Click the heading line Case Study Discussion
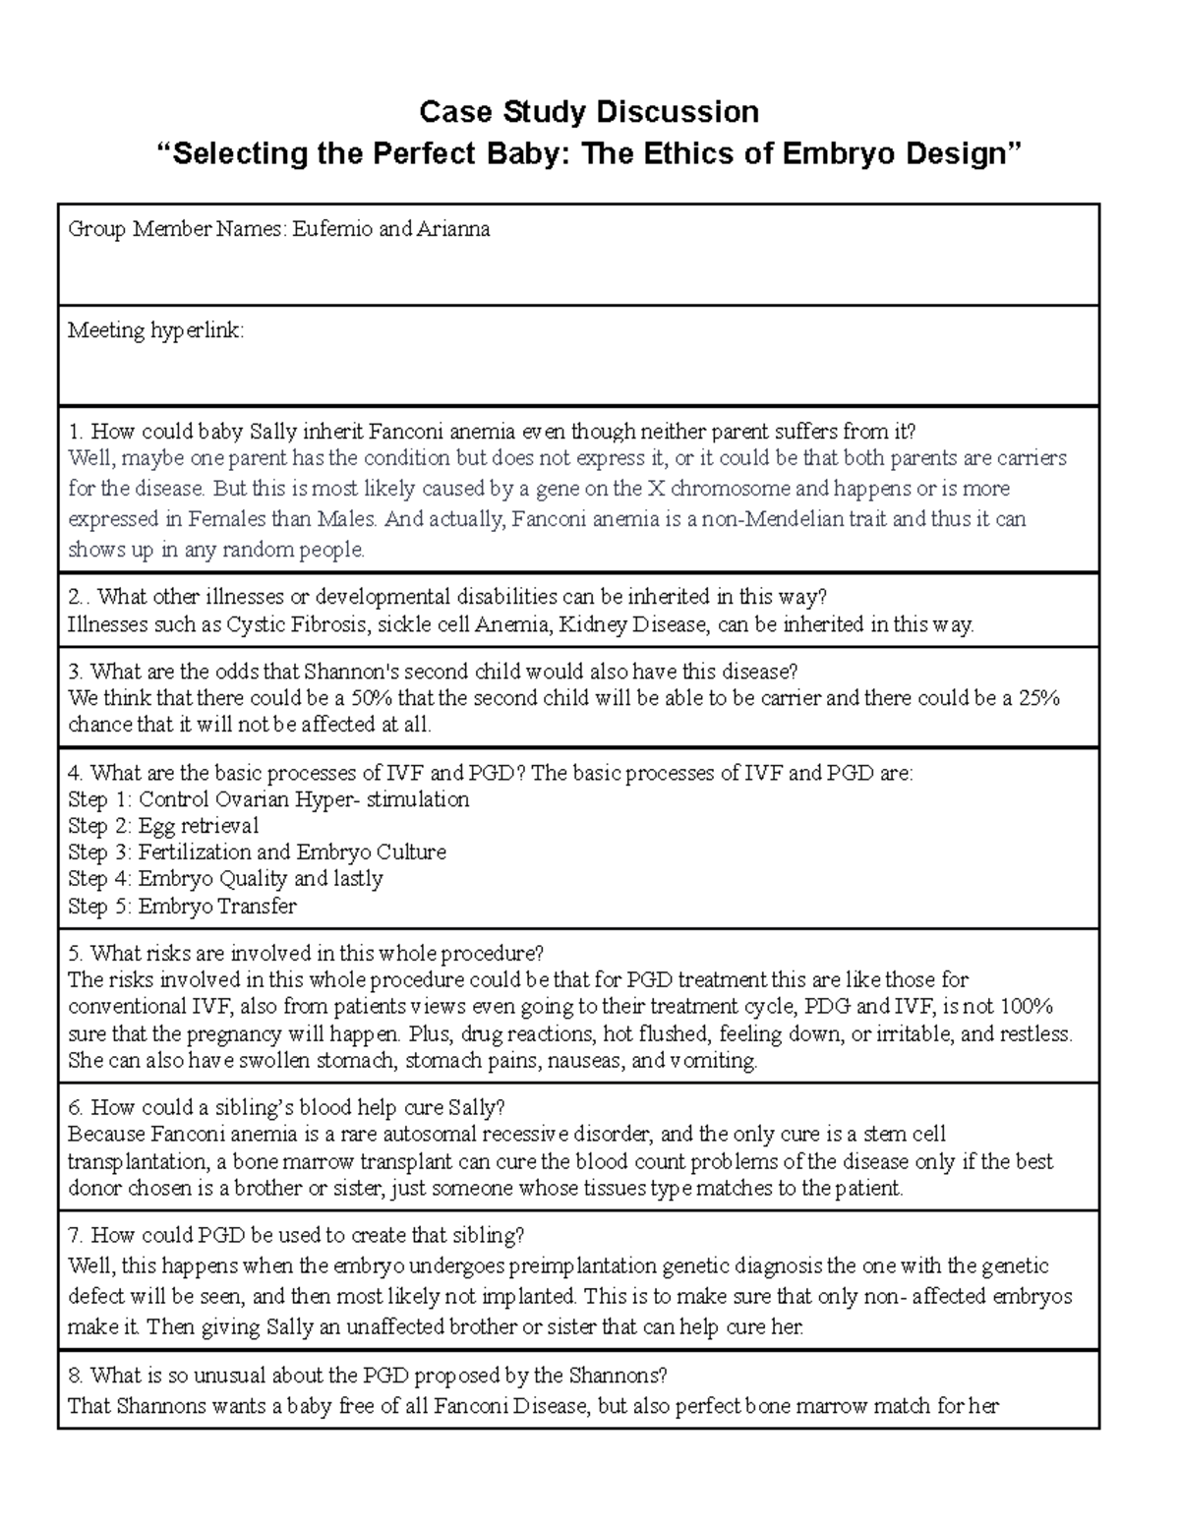[x=589, y=112]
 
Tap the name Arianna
[x=453, y=230]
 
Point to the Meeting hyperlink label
[x=155, y=330]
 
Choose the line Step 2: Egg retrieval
[x=163, y=826]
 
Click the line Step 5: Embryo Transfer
[x=182, y=907]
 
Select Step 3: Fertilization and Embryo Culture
[x=257, y=852]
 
